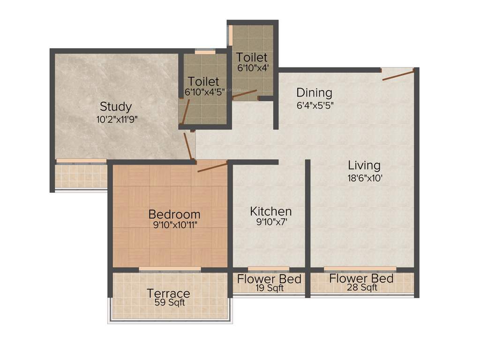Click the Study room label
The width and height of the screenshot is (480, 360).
pyautogui.click(x=116, y=106)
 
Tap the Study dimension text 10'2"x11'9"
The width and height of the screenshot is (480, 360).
pyautogui.click(x=117, y=119)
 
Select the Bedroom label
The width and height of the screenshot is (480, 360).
pyautogui.click(x=174, y=214)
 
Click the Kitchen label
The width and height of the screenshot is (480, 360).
pyautogui.click(x=270, y=211)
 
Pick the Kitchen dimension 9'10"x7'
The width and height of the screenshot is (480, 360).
pyautogui.click(x=271, y=222)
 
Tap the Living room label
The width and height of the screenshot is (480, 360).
pyautogui.click(x=364, y=165)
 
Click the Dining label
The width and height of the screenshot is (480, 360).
pyautogui.click(x=314, y=93)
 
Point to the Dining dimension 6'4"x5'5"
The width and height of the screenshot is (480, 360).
pyautogui.click(x=315, y=105)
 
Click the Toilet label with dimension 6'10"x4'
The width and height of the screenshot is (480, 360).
pyautogui.click(x=252, y=57)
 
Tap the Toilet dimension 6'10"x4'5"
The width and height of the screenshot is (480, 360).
pyautogui.click(x=205, y=92)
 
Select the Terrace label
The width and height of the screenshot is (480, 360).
pyautogui.click(x=168, y=293)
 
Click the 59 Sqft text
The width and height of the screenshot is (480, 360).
pyautogui.click(x=170, y=303)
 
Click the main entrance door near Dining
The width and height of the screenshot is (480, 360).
pyautogui.click(x=398, y=75)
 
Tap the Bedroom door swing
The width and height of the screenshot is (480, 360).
pyautogui.click(x=212, y=167)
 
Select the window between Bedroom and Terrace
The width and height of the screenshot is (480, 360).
pyautogui.click(x=170, y=269)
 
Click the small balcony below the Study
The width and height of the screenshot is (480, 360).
pyautogui.click(x=81, y=176)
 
